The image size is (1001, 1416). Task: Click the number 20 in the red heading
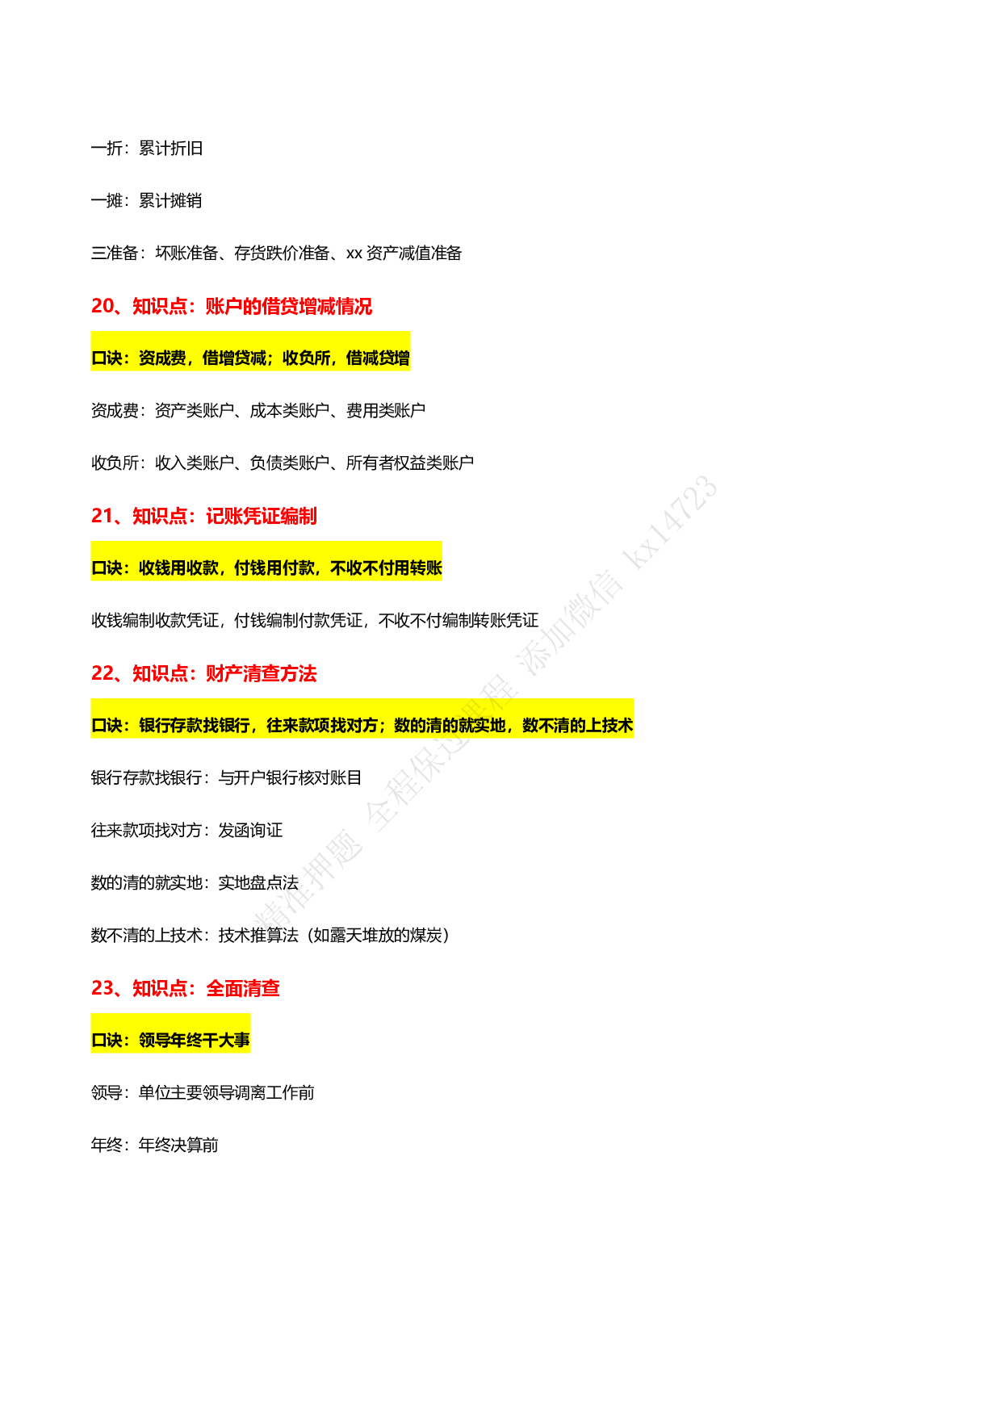[x=103, y=306]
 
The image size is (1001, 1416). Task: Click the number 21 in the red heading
[x=103, y=516]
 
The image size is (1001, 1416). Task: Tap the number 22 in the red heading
[x=103, y=673]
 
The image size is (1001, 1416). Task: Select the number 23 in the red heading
[x=103, y=988]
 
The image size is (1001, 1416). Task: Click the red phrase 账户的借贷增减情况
[x=289, y=307]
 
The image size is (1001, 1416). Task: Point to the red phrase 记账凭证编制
[x=261, y=517]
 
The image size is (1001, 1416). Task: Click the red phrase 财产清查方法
[x=261, y=674]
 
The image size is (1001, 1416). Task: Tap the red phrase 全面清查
[x=242, y=989]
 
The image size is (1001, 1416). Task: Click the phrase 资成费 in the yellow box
[x=162, y=358]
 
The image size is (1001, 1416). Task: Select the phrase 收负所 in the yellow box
[x=306, y=358]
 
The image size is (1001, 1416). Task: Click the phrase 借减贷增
[x=378, y=358]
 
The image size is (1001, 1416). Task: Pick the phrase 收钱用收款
[x=178, y=568]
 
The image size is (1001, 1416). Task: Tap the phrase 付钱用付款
[x=274, y=568]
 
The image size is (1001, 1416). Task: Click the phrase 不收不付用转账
[x=386, y=568]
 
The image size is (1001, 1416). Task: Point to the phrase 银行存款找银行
[x=195, y=726]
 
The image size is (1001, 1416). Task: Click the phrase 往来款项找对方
[x=322, y=726]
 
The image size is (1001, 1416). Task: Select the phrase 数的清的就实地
[x=450, y=726]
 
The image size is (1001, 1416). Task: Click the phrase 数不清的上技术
[x=577, y=726]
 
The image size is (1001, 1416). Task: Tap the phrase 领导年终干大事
[x=195, y=1041]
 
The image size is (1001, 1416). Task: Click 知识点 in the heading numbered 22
[x=160, y=674]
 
